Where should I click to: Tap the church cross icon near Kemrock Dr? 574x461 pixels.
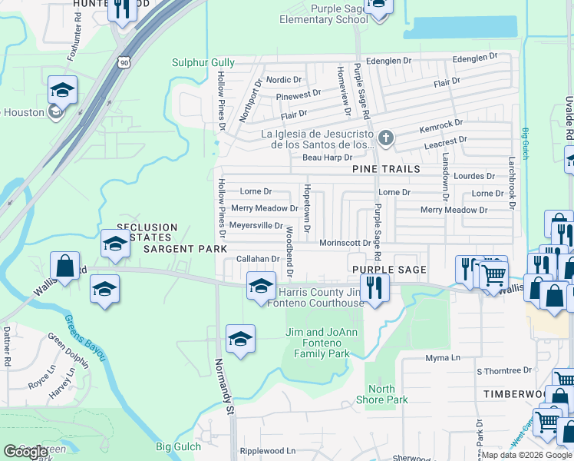[386, 139]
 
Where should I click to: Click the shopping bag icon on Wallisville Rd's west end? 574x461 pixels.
[66, 266]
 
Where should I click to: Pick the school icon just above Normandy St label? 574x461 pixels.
[240, 338]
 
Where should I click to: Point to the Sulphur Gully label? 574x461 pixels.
[203, 63]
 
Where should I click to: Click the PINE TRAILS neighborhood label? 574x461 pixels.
[386, 168]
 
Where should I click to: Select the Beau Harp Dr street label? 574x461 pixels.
[326, 158]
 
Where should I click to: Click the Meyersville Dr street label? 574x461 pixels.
[257, 225]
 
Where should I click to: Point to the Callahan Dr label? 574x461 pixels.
[258, 260]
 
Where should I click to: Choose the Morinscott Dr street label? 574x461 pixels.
[345, 243]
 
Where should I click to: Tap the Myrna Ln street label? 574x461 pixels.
[443, 358]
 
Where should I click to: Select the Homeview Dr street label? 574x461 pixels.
[343, 91]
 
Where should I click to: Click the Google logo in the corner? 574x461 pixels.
[27, 452]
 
